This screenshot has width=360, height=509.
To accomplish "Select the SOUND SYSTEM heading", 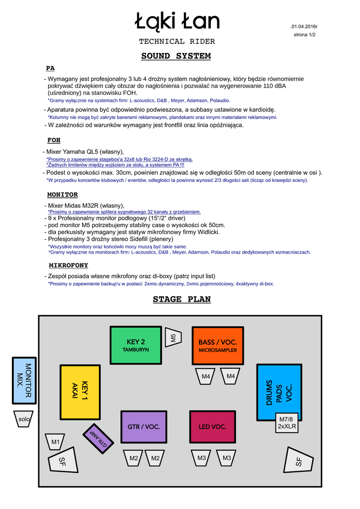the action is (176, 56).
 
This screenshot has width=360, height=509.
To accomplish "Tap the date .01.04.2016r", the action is (304, 26).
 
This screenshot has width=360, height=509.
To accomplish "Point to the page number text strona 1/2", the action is (304, 35).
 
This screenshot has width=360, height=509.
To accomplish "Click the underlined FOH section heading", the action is (54, 141).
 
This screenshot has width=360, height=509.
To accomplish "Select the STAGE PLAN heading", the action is (181, 299).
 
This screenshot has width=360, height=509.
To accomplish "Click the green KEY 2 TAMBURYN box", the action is (136, 345).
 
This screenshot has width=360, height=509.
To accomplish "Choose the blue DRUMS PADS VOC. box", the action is (279, 393).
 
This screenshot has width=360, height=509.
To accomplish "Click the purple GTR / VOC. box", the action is (144, 426).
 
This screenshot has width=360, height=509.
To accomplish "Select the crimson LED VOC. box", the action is (212, 426).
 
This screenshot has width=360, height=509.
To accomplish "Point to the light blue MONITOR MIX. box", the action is (24, 381).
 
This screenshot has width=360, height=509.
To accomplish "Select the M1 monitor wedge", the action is (55, 441).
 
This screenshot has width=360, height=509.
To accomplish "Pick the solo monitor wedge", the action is (24, 420).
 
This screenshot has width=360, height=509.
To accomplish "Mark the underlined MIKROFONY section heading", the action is (68, 265).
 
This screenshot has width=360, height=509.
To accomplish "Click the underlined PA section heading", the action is (50, 68).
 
